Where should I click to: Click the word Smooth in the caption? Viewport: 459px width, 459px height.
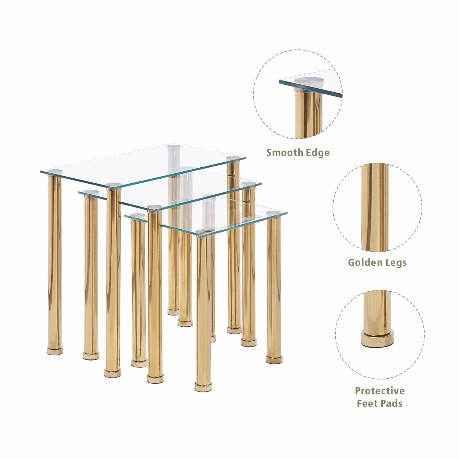click(282, 152)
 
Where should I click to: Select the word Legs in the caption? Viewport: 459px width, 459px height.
click(394, 263)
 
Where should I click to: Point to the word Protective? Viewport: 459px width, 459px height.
click(380, 391)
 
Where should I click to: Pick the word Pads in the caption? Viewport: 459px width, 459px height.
click(391, 403)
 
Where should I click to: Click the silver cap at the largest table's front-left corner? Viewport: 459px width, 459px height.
click(55, 172)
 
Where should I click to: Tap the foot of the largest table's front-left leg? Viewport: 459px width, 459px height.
click(55, 350)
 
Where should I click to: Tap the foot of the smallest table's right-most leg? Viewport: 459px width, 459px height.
click(274, 359)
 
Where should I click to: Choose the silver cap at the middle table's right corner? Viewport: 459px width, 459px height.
click(248, 184)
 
